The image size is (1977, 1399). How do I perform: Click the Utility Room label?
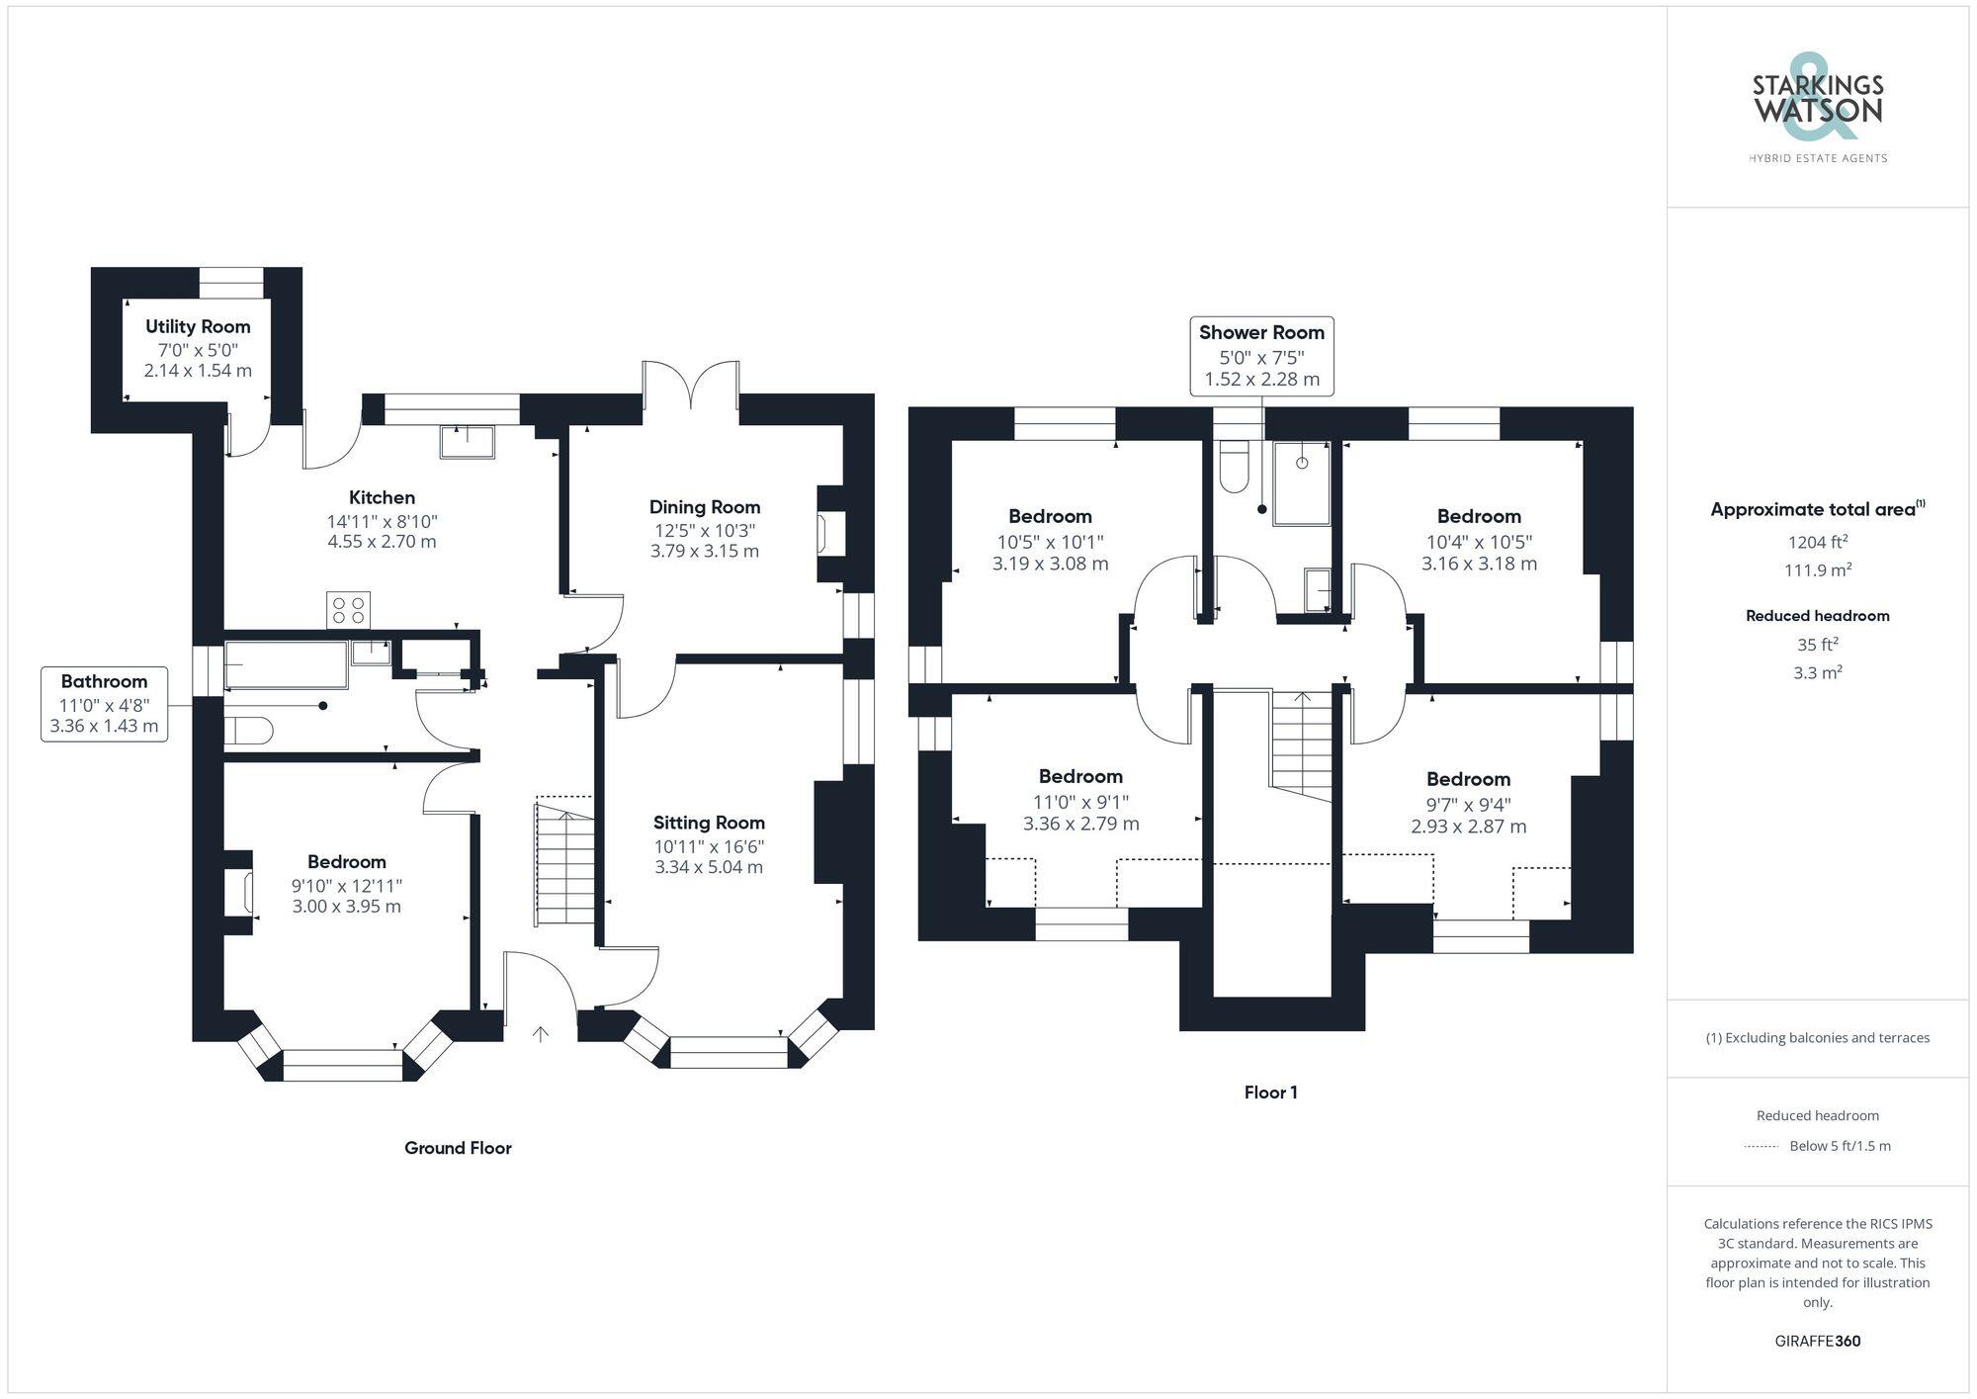(x=198, y=327)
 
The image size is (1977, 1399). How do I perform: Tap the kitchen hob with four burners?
(x=348, y=609)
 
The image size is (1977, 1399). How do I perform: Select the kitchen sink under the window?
(x=468, y=442)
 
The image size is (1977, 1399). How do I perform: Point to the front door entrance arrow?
(x=541, y=1034)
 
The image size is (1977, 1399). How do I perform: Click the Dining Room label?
(x=705, y=507)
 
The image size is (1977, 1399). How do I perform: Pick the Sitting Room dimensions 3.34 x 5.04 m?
(x=709, y=867)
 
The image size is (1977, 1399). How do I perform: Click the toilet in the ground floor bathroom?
(x=247, y=732)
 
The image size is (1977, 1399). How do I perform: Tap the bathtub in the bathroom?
(x=287, y=663)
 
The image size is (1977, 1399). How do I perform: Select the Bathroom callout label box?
(x=104, y=703)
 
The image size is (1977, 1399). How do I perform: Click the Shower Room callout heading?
(x=1261, y=333)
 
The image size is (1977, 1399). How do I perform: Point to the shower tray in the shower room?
(x=1303, y=482)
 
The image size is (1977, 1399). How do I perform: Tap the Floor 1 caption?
(x=1270, y=1093)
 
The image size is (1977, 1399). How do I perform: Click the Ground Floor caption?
(x=458, y=1148)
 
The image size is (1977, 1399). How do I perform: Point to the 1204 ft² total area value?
(x=1817, y=542)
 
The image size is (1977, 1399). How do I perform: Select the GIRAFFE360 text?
(x=1817, y=1342)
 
